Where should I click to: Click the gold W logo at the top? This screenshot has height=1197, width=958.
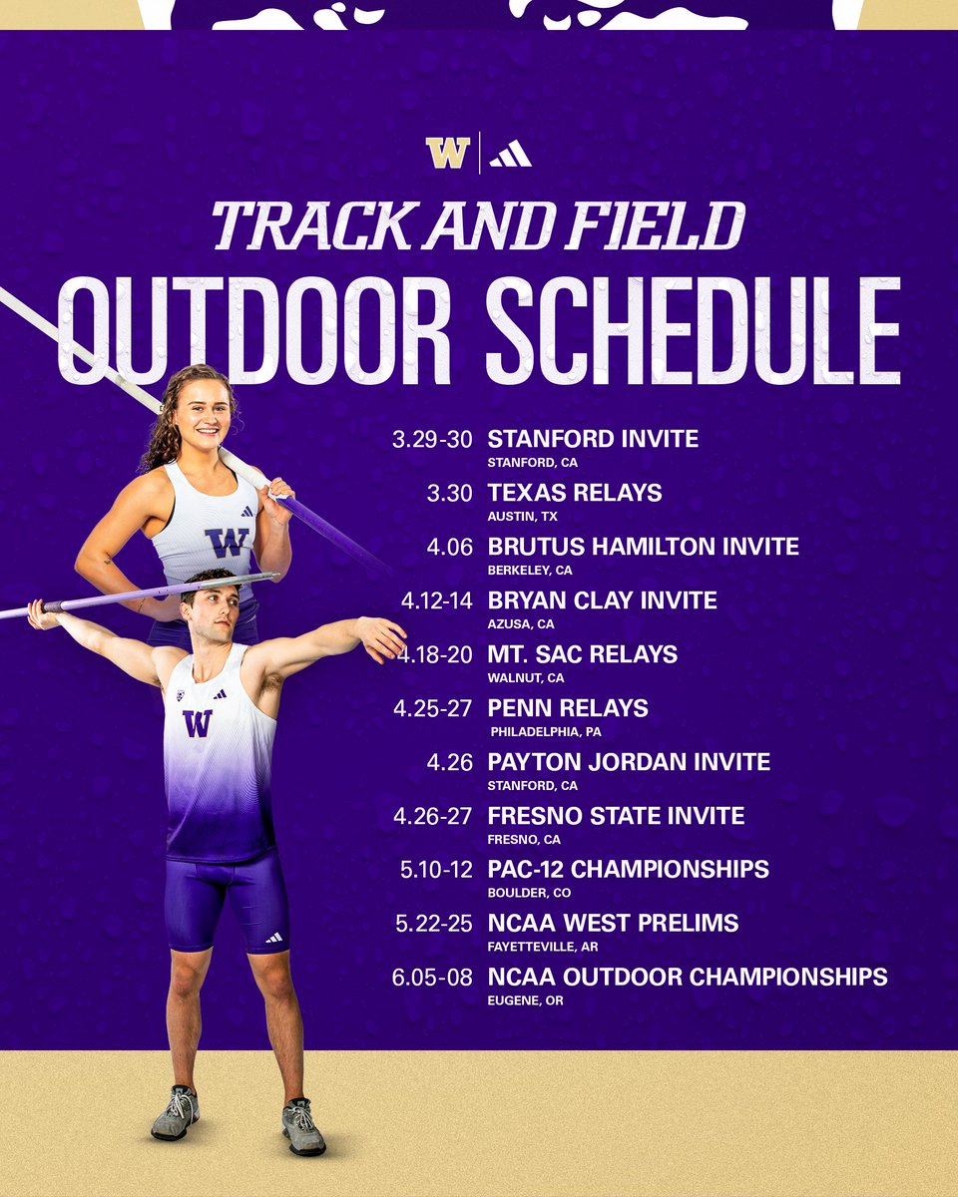[447, 153]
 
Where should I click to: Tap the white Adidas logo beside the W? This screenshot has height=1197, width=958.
[510, 153]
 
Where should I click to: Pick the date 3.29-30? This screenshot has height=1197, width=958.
[433, 439]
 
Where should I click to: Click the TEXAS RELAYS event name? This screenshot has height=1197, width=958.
[574, 493]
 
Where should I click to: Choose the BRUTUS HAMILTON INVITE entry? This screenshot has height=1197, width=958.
[643, 547]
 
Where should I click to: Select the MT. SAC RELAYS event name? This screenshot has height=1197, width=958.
[582, 654]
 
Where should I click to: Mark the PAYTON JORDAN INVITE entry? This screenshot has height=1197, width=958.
[629, 762]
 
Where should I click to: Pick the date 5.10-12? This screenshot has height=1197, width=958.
[436, 870]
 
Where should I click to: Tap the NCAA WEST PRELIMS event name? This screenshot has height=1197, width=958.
[613, 924]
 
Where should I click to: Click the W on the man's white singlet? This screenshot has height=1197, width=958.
[197, 723]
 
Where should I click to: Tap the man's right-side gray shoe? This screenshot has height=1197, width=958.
[303, 1128]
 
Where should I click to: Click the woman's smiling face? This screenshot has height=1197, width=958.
[201, 414]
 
